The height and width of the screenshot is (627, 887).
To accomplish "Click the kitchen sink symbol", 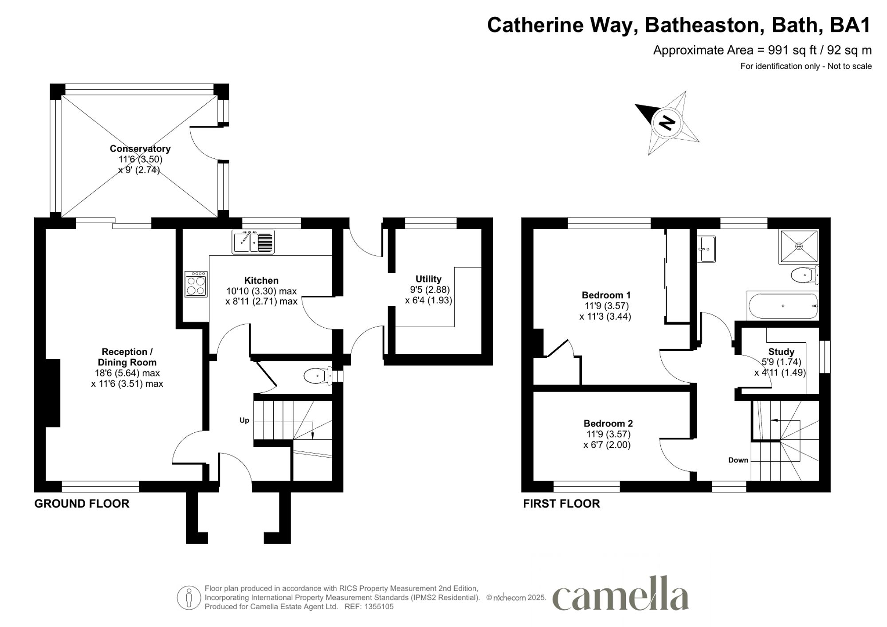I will [x=253, y=242].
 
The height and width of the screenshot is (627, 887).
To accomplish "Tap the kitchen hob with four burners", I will [x=196, y=284].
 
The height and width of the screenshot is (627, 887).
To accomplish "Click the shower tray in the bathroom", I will [x=799, y=246].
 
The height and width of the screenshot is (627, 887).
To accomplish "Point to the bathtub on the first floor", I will [x=783, y=306].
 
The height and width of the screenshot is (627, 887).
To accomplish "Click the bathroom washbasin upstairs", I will [x=706, y=249].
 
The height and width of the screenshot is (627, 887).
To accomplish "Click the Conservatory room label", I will [x=140, y=149].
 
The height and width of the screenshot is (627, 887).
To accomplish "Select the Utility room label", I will [x=428, y=279].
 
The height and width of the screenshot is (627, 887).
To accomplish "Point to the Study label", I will [x=781, y=352].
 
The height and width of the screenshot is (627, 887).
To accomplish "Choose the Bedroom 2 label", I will [x=608, y=423].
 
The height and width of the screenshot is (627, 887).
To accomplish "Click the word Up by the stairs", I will [x=244, y=420].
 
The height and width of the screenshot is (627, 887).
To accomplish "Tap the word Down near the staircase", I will [x=738, y=460].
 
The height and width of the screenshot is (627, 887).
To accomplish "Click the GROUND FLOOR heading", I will [x=82, y=504].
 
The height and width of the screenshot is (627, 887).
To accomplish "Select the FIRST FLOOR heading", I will [x=561, y=504].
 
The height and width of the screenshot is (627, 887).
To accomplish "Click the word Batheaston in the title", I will [x=703, y=25].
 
